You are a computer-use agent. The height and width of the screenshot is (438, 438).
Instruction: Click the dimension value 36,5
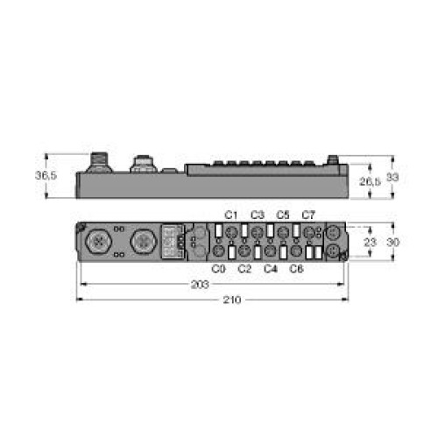(x=46, y=175)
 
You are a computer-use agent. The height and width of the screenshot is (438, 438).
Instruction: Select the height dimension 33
(x=394, y=177)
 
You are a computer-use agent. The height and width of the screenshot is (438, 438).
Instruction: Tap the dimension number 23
(x=371, y=242)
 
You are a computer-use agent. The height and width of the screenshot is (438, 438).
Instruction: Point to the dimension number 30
(x=394, y=242)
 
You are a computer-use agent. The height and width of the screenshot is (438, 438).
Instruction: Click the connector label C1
(x=232, y=215)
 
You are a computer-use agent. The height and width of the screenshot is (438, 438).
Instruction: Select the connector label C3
(x=258, y=215)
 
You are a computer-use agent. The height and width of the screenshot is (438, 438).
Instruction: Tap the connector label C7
(x=308, y=215)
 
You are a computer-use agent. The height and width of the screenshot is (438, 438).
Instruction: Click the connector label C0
(x=219, y=269)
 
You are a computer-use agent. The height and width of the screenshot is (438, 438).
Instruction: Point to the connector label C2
(x=244, y=269)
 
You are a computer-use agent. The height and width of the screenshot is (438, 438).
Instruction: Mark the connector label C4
(x=270, y=269)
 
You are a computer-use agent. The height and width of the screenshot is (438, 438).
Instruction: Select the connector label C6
(x=295, y=269)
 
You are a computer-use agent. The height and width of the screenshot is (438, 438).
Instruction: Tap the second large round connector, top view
(x=140, y=241)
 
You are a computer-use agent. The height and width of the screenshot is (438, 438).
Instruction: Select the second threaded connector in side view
(x=140, y=164)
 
